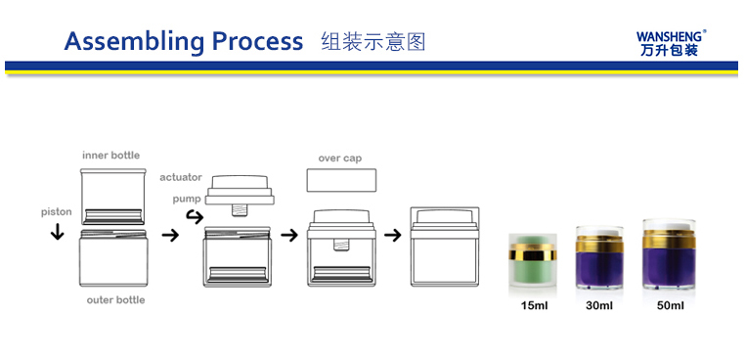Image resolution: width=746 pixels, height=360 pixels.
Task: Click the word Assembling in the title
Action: coord(135,41)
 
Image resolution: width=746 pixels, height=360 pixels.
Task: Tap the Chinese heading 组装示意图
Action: coord(373,41)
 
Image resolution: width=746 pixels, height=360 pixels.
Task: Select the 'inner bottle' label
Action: coord(111,156)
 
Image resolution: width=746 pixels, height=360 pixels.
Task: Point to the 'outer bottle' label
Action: coord(115,300)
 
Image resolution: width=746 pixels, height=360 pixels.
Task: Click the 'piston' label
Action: coord(56,212)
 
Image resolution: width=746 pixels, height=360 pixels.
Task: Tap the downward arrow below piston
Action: coord(57,232)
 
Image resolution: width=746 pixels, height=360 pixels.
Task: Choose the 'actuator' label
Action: coord(181,178)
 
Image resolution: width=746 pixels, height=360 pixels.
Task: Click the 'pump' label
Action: coord(187,199)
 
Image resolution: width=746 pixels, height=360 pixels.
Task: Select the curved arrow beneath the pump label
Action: coord(195,217)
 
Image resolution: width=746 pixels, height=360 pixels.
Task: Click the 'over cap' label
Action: coord(339,158)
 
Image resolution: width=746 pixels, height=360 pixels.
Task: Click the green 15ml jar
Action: coord(533,260)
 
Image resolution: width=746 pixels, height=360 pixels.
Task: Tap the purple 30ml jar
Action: coord(599,257)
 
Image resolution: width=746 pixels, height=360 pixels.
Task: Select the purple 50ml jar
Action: coord(669,254)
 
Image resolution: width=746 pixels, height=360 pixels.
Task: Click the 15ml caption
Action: coord(534,305)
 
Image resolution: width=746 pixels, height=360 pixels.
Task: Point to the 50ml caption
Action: coord(670,305)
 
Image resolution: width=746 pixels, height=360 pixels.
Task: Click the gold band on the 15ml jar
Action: coord(533,252)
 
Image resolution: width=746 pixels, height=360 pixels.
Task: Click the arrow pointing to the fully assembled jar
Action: coord(393,235)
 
